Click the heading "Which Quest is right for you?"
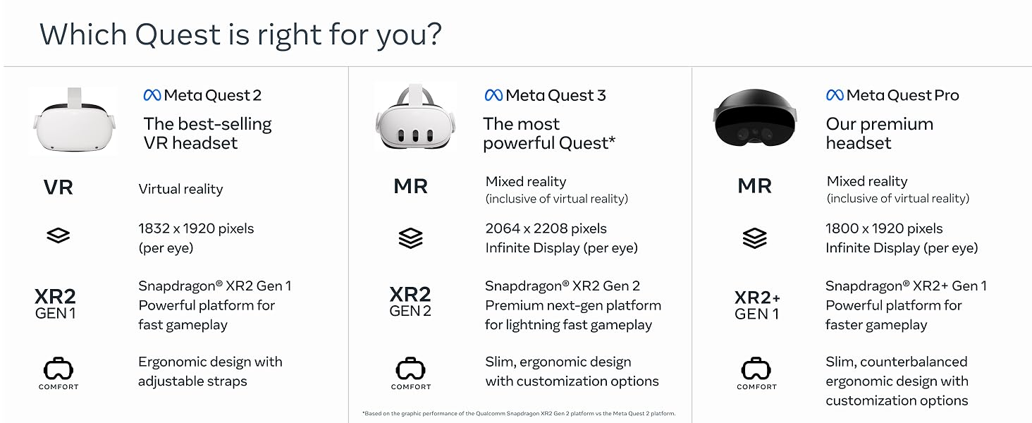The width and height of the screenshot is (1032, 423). [x=240, y=34]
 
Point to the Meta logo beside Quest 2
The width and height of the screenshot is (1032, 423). [x=152, y=95]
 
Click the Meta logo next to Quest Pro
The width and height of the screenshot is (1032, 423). [x=835, y=95]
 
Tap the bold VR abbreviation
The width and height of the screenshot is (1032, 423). [x=58, y=188]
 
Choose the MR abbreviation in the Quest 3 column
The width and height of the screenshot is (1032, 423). [x=410, y=186]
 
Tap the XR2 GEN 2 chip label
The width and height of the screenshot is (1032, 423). [x=410, y=301]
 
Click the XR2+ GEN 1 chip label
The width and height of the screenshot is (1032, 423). [x=757, y=305]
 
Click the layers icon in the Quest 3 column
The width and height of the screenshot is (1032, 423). [x=410, y=238]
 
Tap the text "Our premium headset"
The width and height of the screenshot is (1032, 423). [x=879, y=133]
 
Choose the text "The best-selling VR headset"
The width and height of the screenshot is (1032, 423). [x=207, y=133]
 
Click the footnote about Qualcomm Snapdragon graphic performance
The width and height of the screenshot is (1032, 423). [x=519, y=413]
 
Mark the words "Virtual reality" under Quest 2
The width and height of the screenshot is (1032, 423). [x=180, y=189]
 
